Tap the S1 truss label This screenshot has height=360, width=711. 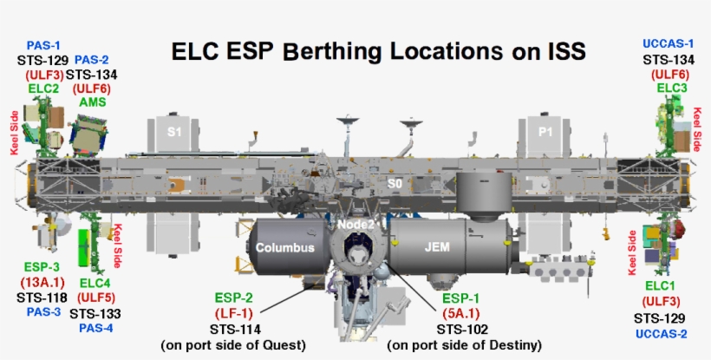click(x=174, y=131)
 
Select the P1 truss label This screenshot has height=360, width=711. click(x=545, y=131)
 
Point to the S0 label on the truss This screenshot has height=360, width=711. click(x=395, y=184)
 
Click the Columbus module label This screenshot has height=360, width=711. click(x=284, y=248)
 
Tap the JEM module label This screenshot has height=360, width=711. click(x=436, y=248)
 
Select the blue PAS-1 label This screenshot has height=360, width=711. click(x=43, y=45)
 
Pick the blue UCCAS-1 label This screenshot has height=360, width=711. click(x=669, y=43)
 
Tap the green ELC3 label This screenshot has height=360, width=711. click(x=672, y=88)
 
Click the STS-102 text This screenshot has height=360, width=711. click(x=463, y=330)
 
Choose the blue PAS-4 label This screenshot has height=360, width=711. click(x=95, y=328)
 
